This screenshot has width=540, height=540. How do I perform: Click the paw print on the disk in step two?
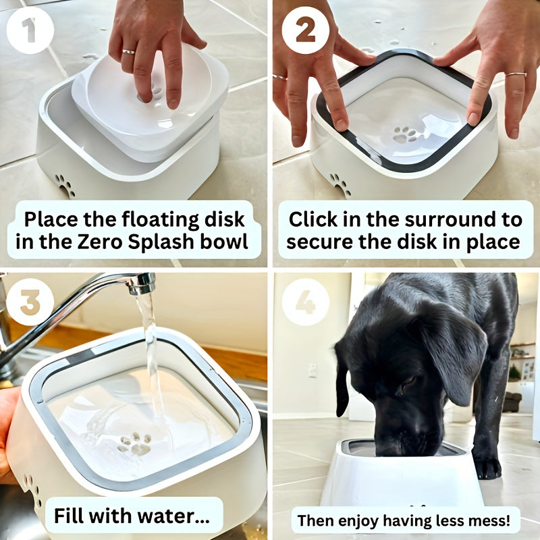pos(405,134)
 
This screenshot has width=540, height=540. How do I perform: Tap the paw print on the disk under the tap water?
pos(134,443)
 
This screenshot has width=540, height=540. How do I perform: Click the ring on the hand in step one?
pos(128,51)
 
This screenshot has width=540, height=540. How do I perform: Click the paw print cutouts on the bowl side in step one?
pos(65,185)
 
